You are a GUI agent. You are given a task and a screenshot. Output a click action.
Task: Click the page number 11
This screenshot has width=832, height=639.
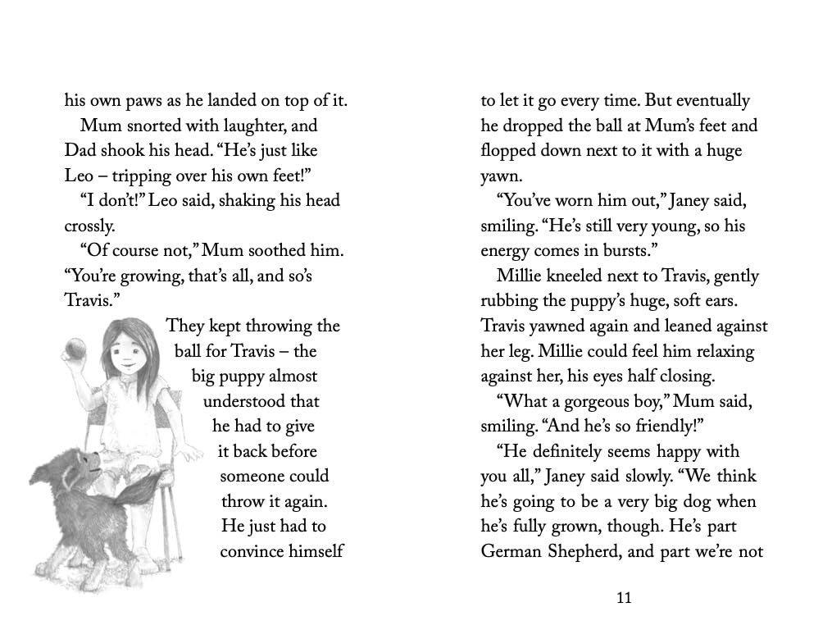[624, 597]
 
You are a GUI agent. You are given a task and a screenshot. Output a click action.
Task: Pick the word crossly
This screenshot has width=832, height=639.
[90, 226]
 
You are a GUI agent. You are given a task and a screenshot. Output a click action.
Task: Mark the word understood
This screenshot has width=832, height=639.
[261, 401]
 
